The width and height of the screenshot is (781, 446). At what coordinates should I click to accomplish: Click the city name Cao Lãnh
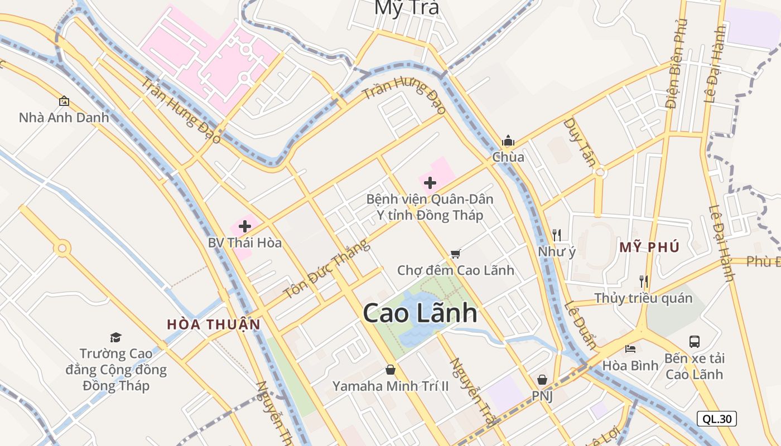point(420,313)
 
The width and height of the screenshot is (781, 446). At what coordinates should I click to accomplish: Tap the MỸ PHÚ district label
point(649,248)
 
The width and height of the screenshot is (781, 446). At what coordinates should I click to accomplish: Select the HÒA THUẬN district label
point(214,324)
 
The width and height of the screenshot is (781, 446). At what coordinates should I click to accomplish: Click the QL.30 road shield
point(717,419)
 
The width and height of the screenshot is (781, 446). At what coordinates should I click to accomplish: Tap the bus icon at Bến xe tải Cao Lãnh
point(695,341)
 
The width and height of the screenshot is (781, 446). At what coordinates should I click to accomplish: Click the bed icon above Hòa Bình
point(630,350)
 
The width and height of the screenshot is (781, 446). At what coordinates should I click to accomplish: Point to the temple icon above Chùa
point(508,140)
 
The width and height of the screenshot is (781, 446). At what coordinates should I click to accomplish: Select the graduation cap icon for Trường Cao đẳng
point(115,337)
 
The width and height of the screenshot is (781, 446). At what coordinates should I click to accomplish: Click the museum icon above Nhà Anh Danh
point(64,101)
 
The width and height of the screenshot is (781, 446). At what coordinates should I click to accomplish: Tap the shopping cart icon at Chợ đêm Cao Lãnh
point(455,254)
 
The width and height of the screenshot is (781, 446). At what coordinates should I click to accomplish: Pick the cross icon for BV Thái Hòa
point(244,226)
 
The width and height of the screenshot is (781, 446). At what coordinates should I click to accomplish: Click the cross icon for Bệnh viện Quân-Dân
point(430,182)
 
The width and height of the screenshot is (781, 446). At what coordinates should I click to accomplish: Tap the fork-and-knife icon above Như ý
point(556,235)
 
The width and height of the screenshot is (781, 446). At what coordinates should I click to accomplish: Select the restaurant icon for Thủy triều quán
point(643,281)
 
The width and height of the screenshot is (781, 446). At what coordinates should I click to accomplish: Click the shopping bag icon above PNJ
point(542,380)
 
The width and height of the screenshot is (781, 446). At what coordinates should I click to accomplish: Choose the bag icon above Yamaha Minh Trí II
point(390,370)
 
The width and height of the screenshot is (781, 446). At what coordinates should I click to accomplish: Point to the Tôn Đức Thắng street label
point(326,269)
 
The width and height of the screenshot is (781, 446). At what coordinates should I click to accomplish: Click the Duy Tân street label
point(580,142)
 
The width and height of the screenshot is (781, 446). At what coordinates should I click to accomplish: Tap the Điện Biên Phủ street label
point(676,64)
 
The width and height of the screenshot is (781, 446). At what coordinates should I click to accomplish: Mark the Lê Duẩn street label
point(581,325)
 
